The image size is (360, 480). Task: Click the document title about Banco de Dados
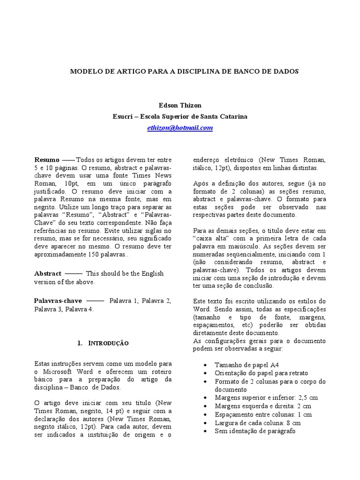[x=184, y=72]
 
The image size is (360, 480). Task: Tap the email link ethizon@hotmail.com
[x=180, y=127]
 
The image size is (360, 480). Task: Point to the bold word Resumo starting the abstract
[x=47, y=159]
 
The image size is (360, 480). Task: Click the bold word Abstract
[x=48, y=273]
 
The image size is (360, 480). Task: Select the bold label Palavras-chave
[x=57, y=300]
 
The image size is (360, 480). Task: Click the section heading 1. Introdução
[x=103, y=343]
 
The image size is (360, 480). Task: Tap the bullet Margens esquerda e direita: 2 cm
[x=263, y=406]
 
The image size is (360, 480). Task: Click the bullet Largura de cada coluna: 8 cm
[x=258, y=423]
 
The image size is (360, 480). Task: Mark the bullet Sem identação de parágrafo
[x=255, y=431]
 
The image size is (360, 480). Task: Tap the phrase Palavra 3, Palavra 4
[x=64, y=309]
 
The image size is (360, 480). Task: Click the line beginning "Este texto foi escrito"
[x=259, y=301]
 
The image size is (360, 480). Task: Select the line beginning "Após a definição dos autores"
[x=259, y=183]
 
